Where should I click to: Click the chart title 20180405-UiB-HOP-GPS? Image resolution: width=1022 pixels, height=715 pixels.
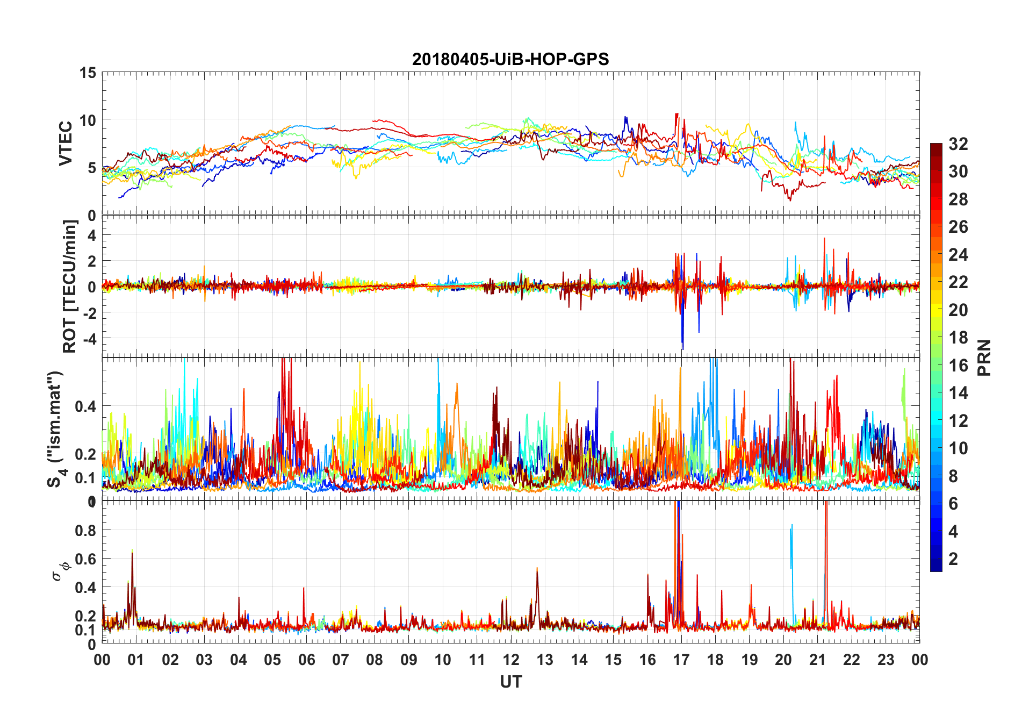510,59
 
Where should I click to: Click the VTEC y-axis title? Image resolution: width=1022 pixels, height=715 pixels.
66,144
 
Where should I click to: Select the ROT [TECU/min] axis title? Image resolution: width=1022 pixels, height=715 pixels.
70,286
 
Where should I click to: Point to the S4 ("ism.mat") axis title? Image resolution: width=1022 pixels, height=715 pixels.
56,428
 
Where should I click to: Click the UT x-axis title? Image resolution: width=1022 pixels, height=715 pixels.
510,682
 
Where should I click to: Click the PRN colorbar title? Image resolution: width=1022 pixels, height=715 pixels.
984,358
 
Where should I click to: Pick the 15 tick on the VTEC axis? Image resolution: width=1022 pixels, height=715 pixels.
88,73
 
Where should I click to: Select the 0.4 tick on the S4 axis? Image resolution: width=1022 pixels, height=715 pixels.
86,406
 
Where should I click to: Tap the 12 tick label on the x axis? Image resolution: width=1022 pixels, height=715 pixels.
511,660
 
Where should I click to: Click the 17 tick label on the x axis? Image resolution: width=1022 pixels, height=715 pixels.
681,660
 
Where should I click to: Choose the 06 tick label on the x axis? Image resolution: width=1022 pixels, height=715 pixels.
306,660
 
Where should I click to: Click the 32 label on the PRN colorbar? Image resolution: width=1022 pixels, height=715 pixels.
958,144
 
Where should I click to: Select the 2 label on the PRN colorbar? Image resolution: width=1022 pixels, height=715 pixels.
953,559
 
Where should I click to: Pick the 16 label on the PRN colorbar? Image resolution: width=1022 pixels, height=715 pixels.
958,365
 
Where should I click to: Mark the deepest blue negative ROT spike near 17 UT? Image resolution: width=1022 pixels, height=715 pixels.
683,347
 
